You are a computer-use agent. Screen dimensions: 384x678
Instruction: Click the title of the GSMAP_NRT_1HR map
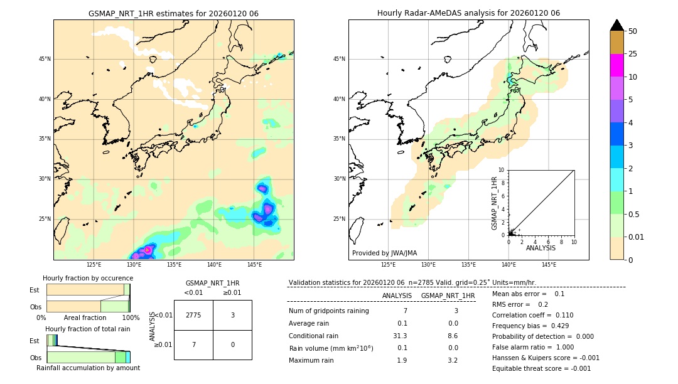(x=173, y=13)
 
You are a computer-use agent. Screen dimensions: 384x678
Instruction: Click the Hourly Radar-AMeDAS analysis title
(x=468, y=13)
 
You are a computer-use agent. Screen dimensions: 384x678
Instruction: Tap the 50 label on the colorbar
(x=633, y=31)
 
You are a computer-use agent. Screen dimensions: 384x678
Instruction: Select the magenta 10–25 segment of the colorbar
(x=616, y=65)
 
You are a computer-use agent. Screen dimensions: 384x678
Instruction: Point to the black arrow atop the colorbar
(x=616, y=25)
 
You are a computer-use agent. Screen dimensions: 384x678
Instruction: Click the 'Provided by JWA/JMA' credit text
(x=384, y=253)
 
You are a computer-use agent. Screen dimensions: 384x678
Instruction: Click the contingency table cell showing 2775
(x=193, y=315)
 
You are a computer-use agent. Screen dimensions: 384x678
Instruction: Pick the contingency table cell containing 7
(x=193, y=344)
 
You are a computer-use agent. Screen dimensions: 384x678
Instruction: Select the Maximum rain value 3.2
(x=452, y=361)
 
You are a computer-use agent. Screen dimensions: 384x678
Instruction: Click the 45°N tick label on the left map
(x=44, y=59)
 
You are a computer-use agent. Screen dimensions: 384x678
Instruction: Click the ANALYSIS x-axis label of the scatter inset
(x=541, y=248)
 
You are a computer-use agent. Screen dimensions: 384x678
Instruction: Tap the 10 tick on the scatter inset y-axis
(x=502, y=170)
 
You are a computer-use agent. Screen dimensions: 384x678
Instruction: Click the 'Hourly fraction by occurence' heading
(x=86, y=278)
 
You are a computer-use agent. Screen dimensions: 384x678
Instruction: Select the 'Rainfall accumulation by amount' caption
(x=88, y=368)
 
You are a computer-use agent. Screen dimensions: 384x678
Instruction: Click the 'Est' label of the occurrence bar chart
(x=35, y=290)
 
